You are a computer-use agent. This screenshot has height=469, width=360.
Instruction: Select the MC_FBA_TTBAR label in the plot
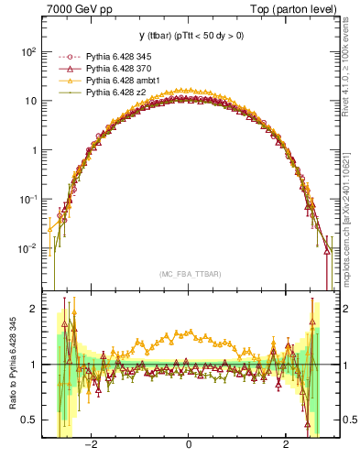tap(189, 275)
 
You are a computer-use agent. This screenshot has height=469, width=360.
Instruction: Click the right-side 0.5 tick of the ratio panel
tap(343, 420)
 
